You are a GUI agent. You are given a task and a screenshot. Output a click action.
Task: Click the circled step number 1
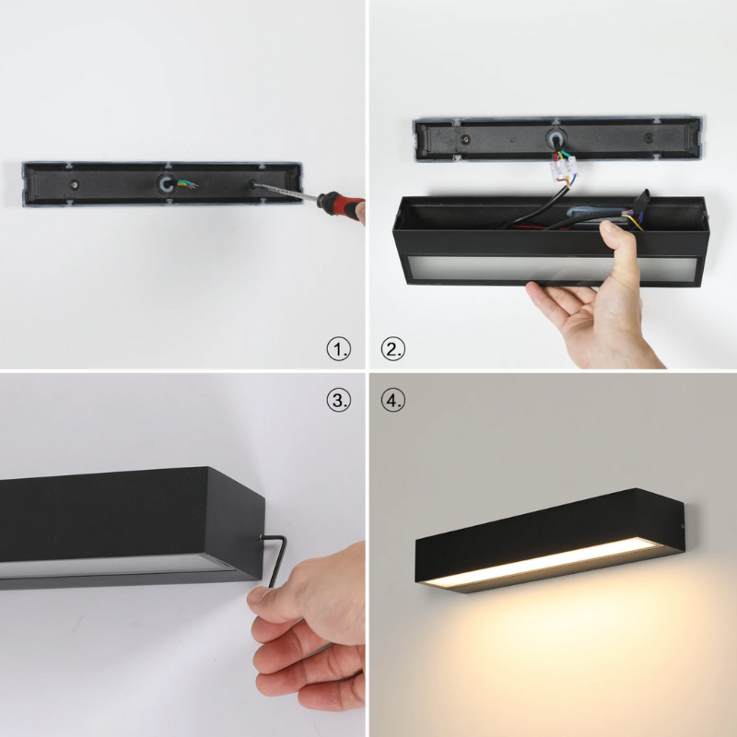point(338,349)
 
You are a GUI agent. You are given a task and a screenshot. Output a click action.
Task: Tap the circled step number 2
point(393,349)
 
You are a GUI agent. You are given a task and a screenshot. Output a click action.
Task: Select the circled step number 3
point(338,400)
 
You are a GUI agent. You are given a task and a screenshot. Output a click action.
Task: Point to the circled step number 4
point(393,400)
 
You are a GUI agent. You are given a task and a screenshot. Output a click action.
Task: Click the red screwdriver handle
point(341,204)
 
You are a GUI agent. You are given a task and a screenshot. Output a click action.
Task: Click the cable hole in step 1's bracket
point(166,183)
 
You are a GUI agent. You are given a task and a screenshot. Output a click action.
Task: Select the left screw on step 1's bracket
point(74,184)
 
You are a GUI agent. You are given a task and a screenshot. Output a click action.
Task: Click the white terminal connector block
point(563,169)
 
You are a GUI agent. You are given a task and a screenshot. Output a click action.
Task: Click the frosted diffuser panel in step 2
point(552,269)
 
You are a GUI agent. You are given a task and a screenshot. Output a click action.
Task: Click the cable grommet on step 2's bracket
point(556,139)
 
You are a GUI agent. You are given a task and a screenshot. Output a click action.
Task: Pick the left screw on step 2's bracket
point(465,139)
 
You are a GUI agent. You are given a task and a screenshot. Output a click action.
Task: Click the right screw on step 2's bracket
point(649,138)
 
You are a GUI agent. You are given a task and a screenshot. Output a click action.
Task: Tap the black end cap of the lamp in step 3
point(234,524)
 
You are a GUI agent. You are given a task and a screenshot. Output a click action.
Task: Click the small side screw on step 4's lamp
point(683,526)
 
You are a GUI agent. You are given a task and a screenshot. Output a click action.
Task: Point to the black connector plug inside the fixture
point(640,201)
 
